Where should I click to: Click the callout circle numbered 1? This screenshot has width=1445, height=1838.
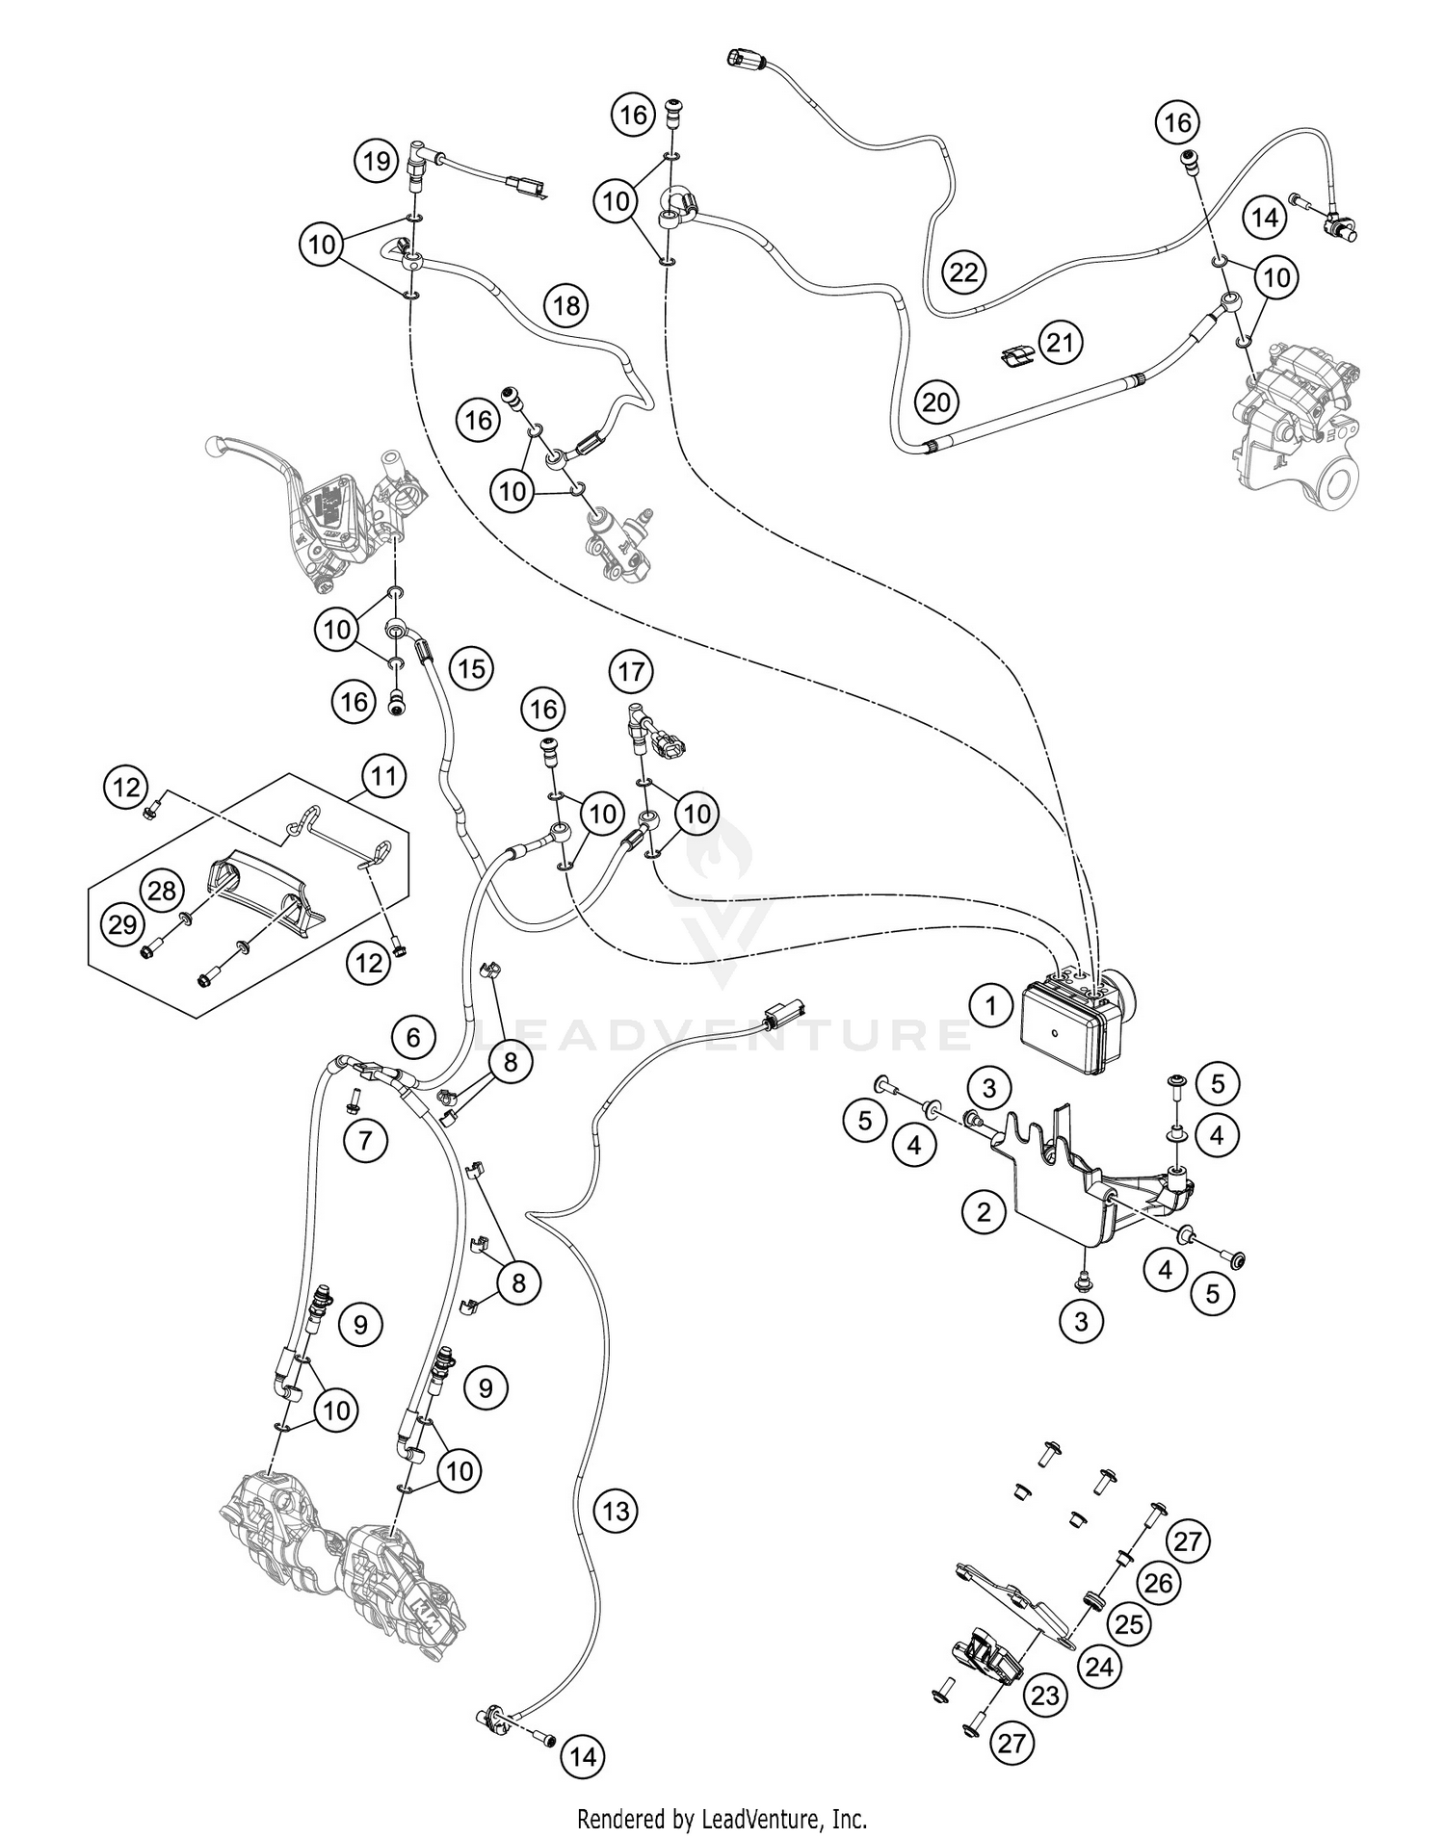989,1007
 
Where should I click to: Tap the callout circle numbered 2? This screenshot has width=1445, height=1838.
984,1211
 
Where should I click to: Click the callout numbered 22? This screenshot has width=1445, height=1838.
963,272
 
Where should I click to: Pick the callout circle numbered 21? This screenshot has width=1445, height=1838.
1061,343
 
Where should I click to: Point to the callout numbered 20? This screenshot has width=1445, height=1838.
936,402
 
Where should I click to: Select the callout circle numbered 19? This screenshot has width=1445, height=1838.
377,160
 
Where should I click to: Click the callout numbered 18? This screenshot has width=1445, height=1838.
566,306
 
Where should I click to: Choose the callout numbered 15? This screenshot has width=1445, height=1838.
471,668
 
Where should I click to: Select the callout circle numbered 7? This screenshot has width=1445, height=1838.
365,1142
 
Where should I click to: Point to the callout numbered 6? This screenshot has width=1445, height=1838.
413,1037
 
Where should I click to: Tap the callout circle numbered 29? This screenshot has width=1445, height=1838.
122,925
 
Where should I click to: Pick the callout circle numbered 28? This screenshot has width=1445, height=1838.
162,890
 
